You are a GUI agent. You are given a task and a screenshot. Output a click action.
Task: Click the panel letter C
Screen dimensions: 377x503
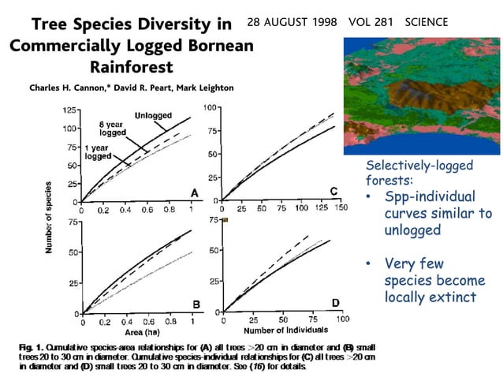tap(333, 192)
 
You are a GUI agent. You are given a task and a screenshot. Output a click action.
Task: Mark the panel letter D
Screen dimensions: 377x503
tap(335, 304)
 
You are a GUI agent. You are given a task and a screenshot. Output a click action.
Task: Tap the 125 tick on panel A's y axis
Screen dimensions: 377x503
tap(69, 110)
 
